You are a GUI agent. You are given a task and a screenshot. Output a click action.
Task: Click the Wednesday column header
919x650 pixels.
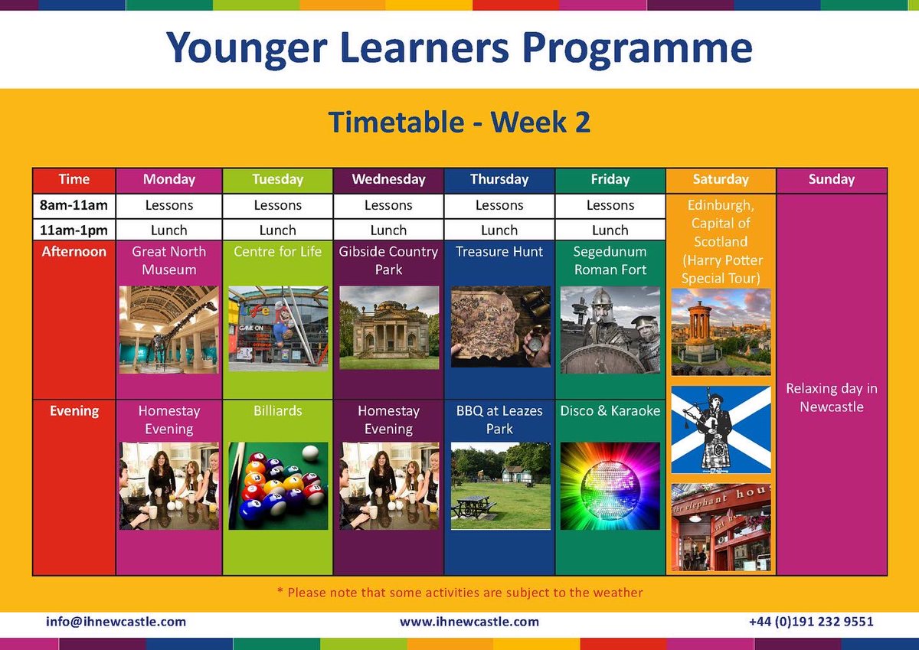tap(388, 180)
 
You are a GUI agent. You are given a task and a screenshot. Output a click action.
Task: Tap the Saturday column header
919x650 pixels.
tap(721, 180)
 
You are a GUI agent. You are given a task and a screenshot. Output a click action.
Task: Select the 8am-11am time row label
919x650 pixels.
tap(74, 205)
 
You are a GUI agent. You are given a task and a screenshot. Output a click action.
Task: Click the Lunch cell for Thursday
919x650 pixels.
tap(499, 230)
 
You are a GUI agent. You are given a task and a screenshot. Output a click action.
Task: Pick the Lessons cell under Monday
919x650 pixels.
tap(169, 205)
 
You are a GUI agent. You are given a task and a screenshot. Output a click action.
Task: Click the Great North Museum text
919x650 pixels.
tap(169, 260)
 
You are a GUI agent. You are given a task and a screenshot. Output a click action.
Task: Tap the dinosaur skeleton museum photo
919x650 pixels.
tap(169, 329)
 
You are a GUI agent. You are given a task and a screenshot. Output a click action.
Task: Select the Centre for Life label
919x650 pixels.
tap(277, 251)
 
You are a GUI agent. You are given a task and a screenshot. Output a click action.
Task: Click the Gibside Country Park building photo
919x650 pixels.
tap(388, 328)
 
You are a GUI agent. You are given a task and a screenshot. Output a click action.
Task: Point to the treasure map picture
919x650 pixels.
tap(499, 326)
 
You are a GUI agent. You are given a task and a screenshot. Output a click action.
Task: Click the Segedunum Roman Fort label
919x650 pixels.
tap(610, 260)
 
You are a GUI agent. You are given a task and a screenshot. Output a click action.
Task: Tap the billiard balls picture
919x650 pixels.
tap(278, 485)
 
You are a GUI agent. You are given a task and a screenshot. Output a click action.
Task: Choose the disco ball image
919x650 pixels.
tap(610, 485)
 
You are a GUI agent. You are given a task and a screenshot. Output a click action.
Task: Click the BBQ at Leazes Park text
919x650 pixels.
tap(499, 420)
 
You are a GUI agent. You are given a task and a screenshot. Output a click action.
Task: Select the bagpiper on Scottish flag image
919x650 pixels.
tap(721, 430)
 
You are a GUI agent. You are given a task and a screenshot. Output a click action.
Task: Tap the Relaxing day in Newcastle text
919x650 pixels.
tap(832, 397)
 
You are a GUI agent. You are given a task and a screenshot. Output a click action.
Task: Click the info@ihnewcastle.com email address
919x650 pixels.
tap(116, 622)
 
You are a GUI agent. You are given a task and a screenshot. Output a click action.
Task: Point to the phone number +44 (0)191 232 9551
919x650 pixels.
tap(811, 622)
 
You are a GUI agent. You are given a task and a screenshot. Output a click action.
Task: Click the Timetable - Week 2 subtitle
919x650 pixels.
tap(459, 122)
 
